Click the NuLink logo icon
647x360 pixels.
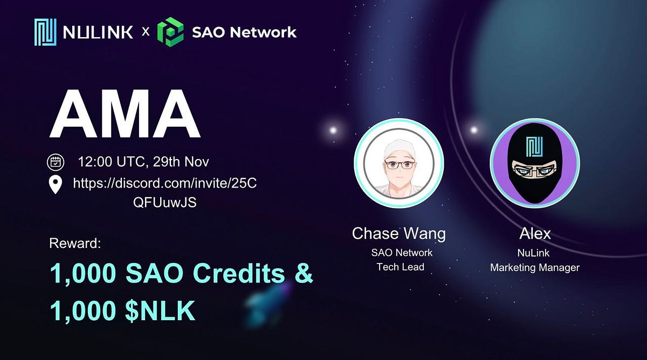click(45, 32)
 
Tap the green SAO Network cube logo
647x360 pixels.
click(170, 32)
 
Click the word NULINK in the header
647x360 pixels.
click(98, 32)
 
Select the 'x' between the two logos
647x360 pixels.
click(145, 32)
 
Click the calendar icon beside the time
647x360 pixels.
click(56, 161)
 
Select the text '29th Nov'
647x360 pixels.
click(186, 161)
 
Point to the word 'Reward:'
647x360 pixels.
click(75, 243)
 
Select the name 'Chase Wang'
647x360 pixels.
click(399, 233)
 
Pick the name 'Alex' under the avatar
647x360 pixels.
click(535, 233)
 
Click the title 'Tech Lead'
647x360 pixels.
click(401, 267)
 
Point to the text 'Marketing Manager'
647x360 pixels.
click(535, 267)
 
